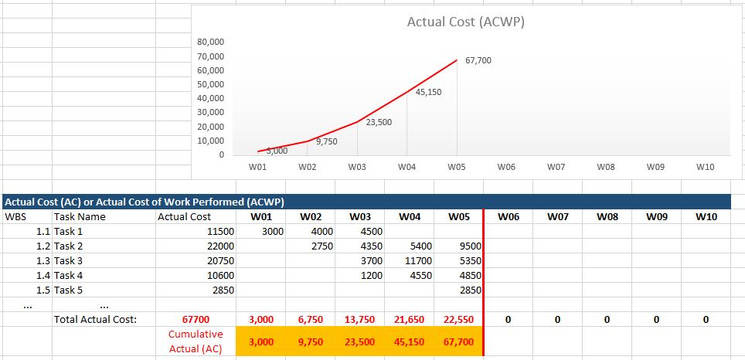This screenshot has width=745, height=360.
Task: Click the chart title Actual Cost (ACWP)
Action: tap(465, 22)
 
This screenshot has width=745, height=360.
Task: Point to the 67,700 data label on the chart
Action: tap(478, 60)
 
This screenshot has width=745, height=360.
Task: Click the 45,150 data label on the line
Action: tap(429, 92)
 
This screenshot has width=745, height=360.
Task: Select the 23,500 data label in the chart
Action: tap(379, 122)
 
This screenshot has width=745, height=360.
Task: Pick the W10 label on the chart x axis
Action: tap(705, 166)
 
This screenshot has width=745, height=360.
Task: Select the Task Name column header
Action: tap(80, 217)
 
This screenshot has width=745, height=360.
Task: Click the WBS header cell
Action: tap(15, 217)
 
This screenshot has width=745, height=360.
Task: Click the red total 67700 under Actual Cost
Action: tap(196, 319)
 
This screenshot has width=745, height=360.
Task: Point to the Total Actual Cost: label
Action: tap(95, 319)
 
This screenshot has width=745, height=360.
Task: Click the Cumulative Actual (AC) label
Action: tap(196, 341)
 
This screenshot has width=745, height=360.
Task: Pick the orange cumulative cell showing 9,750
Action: tap(310, 341)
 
